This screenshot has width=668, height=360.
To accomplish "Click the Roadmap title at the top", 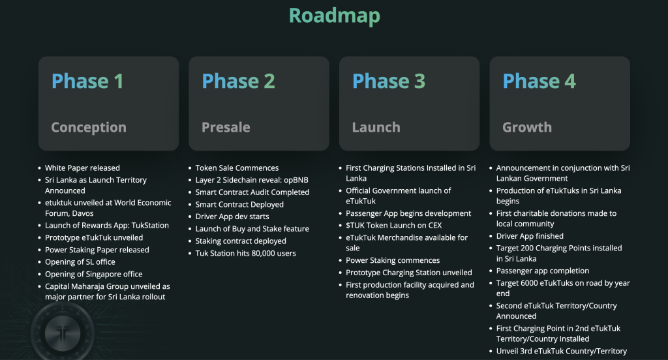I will pyautogui.click(x=334, y=15).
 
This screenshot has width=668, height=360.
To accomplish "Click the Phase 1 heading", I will pyautogui.click(x=87, y=81).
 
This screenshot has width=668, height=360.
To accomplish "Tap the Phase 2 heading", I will pyautogui.click(x=238, y=81).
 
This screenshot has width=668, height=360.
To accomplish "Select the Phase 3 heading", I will pyautogui.click(x=388, y=81).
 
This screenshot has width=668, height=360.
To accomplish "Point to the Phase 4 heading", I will pyautogui.click(x=539, y=81).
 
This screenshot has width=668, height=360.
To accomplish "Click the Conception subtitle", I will pyautogui.click(x=89, y=127).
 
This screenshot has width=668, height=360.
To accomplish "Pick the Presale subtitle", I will pyautogui.click(x=226, y=127).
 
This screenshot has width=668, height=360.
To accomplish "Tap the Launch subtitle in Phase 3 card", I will pyautogui.click(x=376, y=127).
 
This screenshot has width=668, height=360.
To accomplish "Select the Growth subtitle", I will pyautogui.click(x=526, y=127).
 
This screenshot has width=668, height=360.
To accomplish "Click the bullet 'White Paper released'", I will pyautogui.click(x=82, y=168).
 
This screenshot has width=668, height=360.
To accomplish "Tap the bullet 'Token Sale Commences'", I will pyautogui.click(x=237, y=168).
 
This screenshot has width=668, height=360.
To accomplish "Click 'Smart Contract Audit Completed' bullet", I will pyautogui.click(x=252, y=192).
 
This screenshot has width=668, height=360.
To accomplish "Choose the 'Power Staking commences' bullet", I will pyautogui.click(x=393, y=260).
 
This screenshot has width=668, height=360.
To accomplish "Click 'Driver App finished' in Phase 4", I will pyautogui.click(x=530, y=236).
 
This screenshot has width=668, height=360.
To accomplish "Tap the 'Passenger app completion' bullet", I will pyautogui.click(x=542, y=271).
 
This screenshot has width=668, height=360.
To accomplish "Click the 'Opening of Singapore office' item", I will pyautogui.click(x=93, y=275).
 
